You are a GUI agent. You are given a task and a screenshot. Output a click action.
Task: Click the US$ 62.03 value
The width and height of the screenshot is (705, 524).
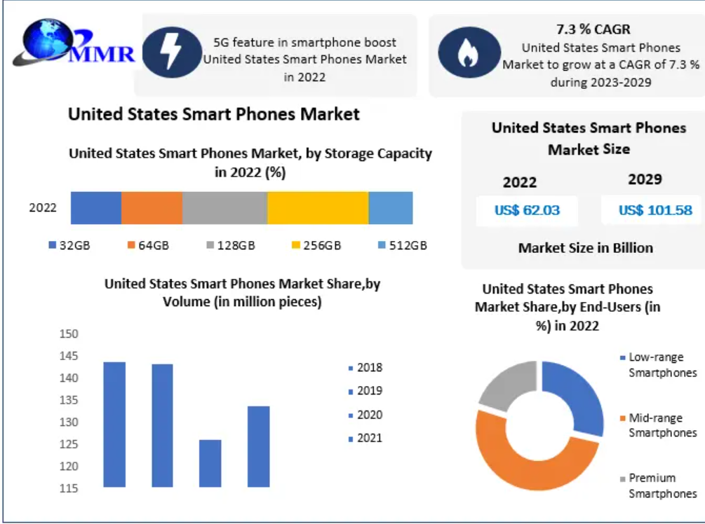pos(527,210)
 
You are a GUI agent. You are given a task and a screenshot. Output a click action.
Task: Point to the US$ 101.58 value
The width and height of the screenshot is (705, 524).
pos(654,210)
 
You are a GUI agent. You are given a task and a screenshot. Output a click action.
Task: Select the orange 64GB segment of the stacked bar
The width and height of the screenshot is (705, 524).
pos(152,207)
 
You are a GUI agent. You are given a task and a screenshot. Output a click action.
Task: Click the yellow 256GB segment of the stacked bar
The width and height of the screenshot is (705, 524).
pos(318,207)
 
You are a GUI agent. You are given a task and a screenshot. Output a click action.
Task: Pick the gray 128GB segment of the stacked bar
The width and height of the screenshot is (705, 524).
pos(224,207)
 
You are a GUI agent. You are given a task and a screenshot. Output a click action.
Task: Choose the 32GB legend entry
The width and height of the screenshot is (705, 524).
pos(69,245)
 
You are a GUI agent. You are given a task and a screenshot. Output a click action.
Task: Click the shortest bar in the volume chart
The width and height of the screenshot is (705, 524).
pos(210,463)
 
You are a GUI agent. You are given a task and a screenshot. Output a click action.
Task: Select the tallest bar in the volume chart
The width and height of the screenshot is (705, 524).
pos(114,424)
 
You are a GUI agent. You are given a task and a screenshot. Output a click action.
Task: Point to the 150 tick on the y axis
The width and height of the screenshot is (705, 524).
pos(69,334)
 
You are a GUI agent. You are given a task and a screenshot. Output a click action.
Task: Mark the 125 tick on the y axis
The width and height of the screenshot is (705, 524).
pos(69,445)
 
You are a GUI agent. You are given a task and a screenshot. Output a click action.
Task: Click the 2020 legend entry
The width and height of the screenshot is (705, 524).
pos(365,415)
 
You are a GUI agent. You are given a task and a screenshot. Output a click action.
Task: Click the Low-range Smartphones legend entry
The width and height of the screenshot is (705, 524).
pos(659,365)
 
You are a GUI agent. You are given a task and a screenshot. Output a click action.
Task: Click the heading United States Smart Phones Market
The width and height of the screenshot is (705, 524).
pos(213,113)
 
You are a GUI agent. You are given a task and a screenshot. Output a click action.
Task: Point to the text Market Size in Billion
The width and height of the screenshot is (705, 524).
pos(586,248)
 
